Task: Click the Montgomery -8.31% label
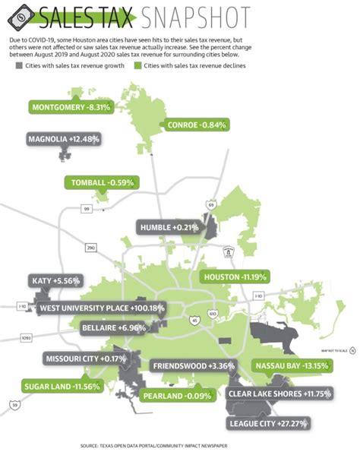tap(72, 108)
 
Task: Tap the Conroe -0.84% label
tap(195, 125)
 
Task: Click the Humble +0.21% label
tap(169, 227)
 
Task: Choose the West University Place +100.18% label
tap(101, 308)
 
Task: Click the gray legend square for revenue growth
tap(19, 66)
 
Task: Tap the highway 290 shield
tap(91, 248)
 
